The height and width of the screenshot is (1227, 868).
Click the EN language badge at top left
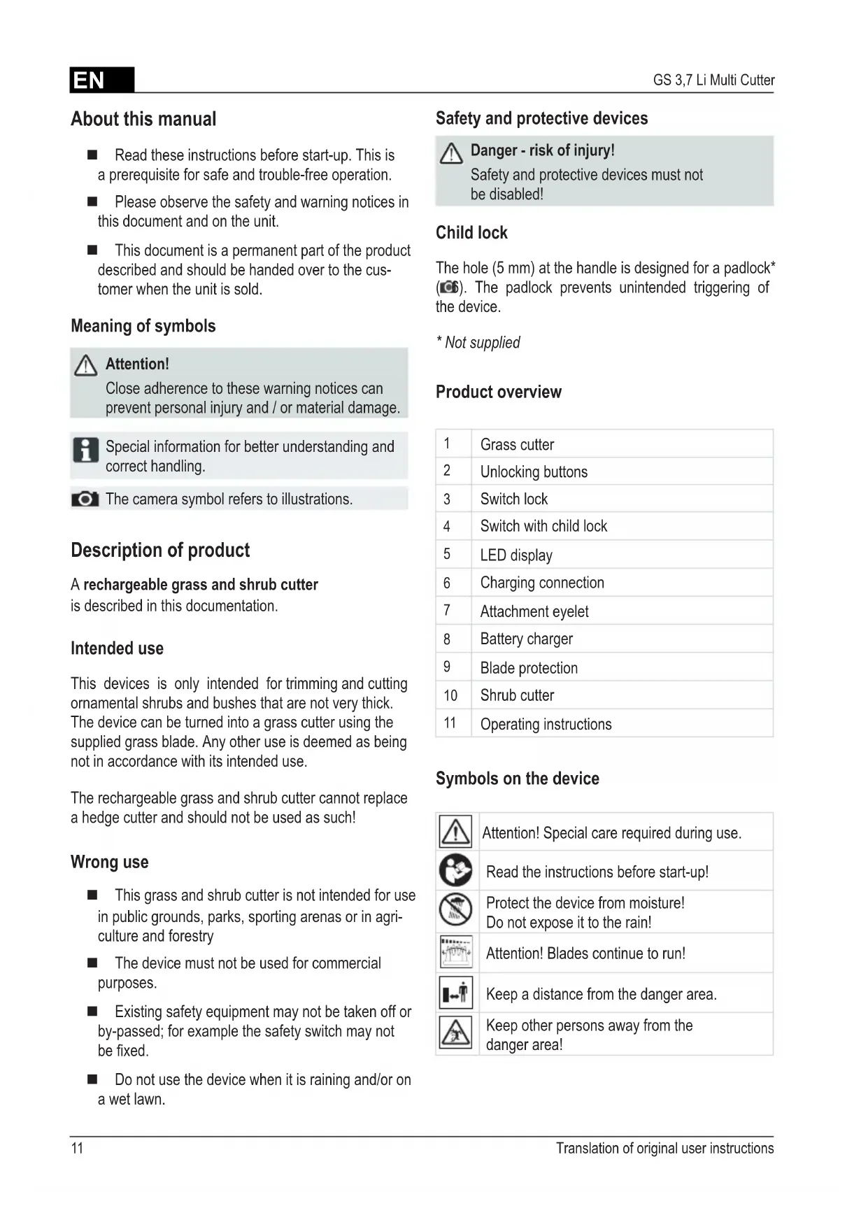tap(101, 80)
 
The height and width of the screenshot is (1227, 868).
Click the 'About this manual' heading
tap(143, 119)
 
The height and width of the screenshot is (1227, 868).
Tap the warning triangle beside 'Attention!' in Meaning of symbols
tap(85, 365)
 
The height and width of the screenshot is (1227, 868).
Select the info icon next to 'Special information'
tap(85, 450)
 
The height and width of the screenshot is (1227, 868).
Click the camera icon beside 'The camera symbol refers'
tap(85, 499)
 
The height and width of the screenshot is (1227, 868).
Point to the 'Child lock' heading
tap(471, 233)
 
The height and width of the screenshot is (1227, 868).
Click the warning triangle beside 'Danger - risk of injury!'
tap(451, 153)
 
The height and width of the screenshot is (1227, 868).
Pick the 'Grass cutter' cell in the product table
tap(517, 444)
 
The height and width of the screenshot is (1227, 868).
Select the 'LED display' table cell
tap(516, 555)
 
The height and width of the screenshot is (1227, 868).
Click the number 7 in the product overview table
tap(447, 611)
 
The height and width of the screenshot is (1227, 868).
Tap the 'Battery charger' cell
tap(526, 639)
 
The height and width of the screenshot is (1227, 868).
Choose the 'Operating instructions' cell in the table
tap(546, 724)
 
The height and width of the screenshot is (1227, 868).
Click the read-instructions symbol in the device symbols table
tap(455, 871)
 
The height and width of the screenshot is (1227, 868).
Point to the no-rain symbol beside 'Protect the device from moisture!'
tap(455, 911)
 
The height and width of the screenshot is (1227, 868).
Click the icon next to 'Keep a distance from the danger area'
tap(456, 993)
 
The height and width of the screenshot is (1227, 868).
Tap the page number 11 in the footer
tap(77, 1148)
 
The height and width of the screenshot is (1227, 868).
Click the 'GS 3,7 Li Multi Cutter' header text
tap(713, 80)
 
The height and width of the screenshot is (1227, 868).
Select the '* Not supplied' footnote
tap(478, 343)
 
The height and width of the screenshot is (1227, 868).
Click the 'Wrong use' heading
tap(110, 862)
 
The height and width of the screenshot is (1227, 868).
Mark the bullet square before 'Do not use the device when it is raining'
tap(92, 1079)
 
